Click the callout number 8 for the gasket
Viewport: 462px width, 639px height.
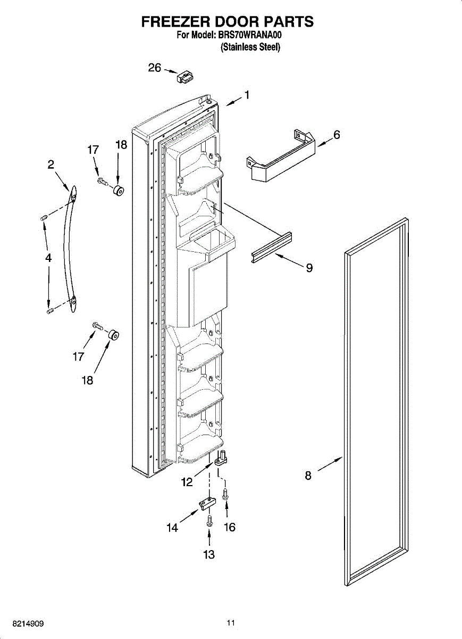[308, 476]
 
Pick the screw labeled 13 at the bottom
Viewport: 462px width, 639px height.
[209, 520]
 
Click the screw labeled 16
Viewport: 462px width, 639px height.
[225, 494]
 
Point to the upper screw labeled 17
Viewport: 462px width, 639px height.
[102, 182]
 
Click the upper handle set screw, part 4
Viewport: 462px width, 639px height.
[44, 217]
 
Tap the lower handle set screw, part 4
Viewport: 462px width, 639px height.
[50, 310]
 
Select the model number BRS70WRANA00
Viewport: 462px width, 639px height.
[249, 36]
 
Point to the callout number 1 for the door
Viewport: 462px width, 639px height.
[247, 95]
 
